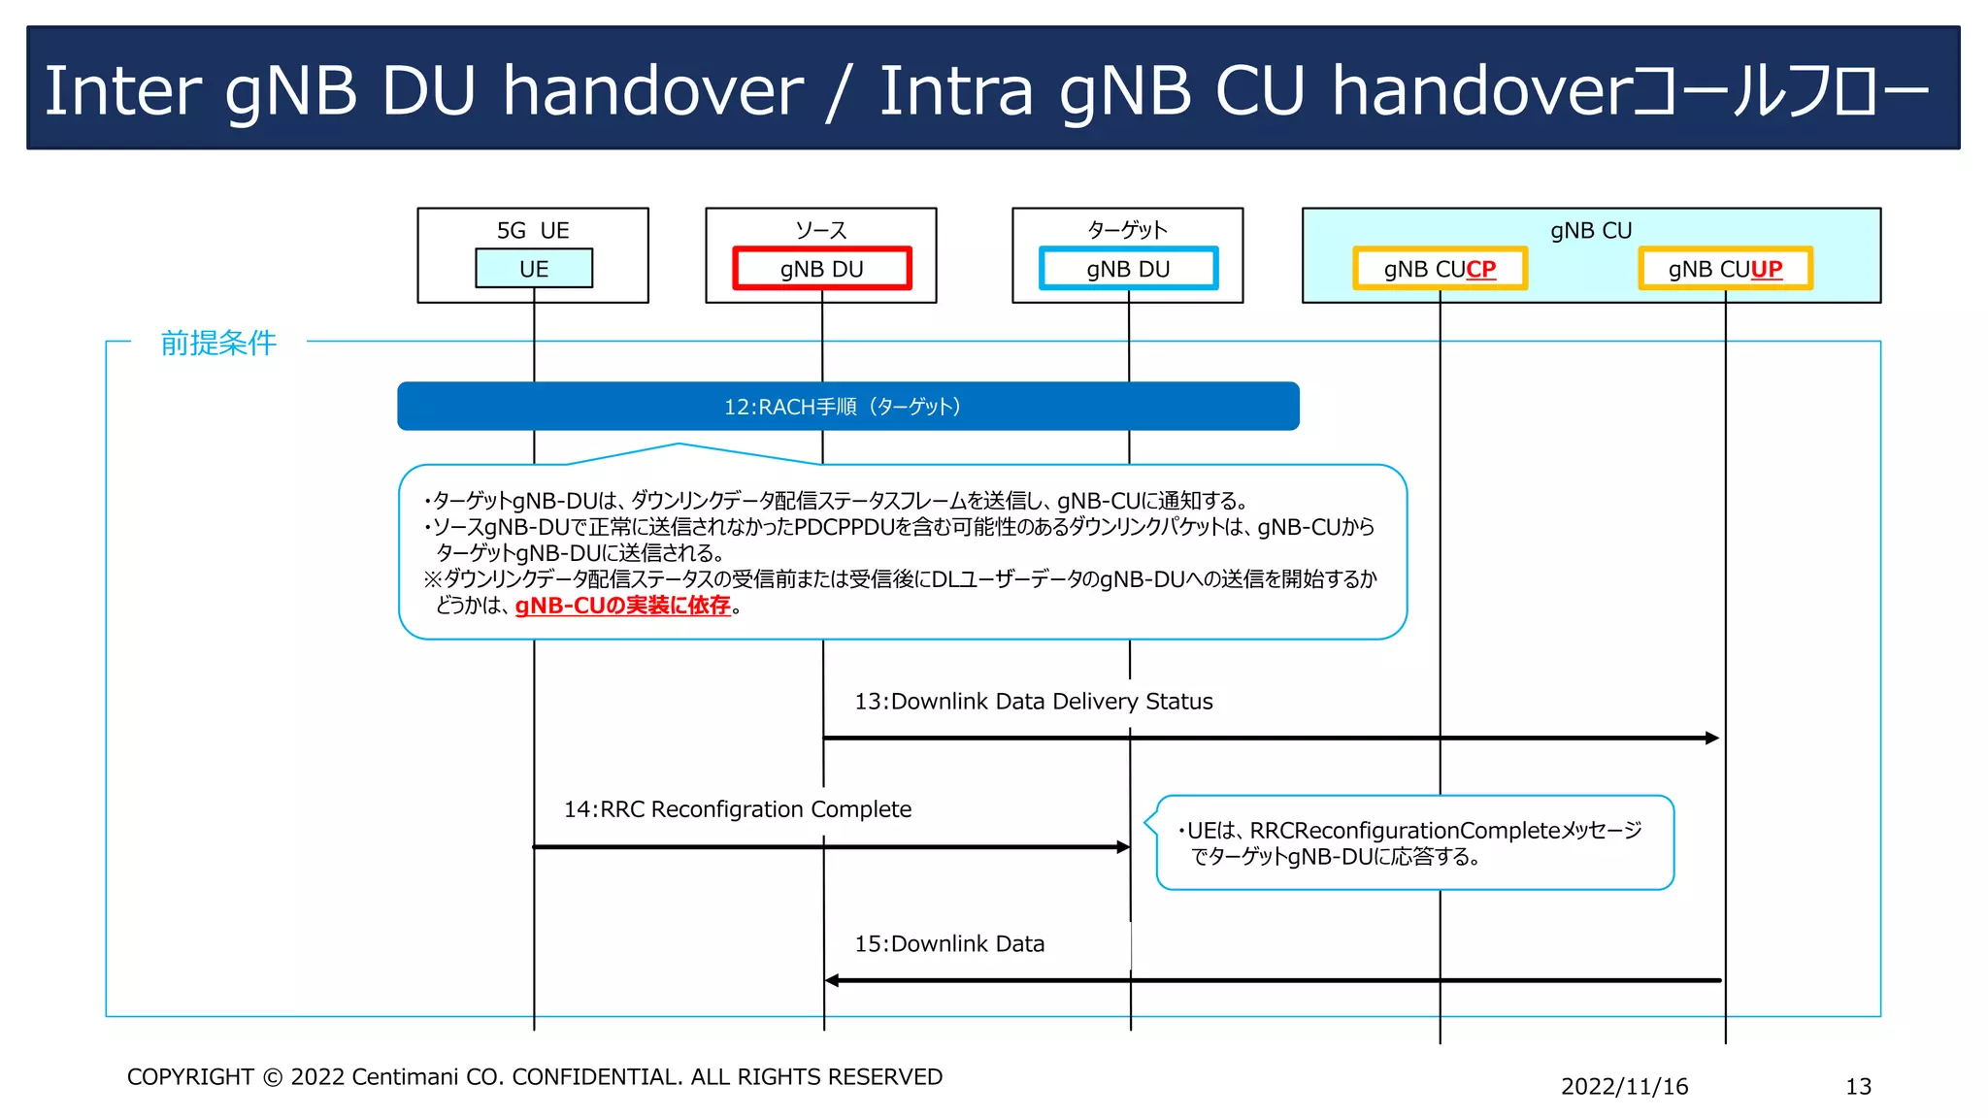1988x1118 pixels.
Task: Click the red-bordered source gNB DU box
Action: [821, 269]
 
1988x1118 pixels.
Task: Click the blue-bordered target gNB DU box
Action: [1128, 269]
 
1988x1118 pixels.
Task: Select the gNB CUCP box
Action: [1440, 269]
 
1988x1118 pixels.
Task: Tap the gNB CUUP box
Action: [1725, 269]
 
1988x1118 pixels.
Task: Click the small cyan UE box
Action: [534, 269]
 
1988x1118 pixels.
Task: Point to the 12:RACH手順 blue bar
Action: [847, 407]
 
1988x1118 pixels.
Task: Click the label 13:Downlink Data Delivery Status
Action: [1033, 702]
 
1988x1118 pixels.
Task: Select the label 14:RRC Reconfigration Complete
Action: [738, 809]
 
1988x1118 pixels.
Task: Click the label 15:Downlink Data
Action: [949, 944]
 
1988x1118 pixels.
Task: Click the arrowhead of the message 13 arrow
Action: [1712, 739]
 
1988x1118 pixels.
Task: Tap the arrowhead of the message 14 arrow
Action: [1123, 847]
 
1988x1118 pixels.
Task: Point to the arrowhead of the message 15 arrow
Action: [832, 980]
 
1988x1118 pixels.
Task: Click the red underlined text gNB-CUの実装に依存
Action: [622, 606]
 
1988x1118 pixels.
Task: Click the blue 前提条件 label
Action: [218, 343]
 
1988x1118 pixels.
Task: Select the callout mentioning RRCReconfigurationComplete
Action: [1414, 842]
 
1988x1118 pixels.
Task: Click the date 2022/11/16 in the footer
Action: [1624, 1087]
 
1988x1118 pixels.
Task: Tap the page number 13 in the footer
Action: [1858, 1087]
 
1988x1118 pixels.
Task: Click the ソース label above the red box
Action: [821, 231]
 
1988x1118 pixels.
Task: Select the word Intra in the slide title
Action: [956, 91]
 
